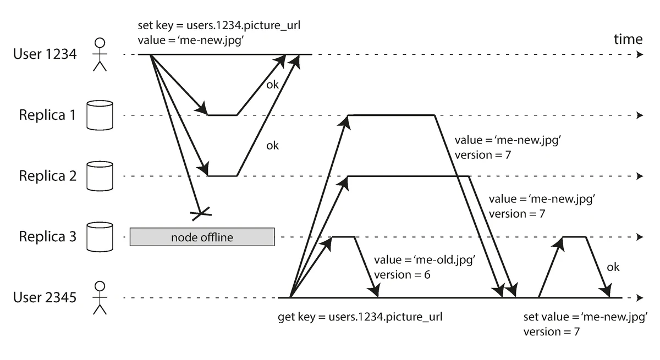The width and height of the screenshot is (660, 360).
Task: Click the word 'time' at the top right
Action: pyautogui.click(x=628, y=39)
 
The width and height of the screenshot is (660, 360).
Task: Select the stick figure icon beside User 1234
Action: pyautogui.click(x=100, y=54)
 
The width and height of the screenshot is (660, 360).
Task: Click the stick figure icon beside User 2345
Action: pyautogui.click(x=100, y=297)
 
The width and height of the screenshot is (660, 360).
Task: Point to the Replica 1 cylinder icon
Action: pyautogui.click(x=100, y=115)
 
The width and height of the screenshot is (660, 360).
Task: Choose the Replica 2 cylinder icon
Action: pyautogui.click(x=100, y=176)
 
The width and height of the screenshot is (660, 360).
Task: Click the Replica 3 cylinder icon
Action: pyautogui.click(x=100, y=236)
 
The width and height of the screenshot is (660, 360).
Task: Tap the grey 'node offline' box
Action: pyautogui.click(x=202, y=237)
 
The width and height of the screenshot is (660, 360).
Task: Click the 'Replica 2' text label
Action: pyautogui.click(x=47, y=176)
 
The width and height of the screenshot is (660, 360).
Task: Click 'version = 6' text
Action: pyautogui.click(x=402, y=274)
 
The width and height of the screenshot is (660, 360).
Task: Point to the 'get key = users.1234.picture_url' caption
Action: pyautogui.click(x=361, y=317)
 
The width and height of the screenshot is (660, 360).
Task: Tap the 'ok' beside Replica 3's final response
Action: pyautogui.click(x=613, y=267)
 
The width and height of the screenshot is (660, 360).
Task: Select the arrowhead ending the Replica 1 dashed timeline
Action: pyautogui.click(x=639, y=115)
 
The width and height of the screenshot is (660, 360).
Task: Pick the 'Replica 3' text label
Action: pyautogui.click(x=47, y=236)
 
